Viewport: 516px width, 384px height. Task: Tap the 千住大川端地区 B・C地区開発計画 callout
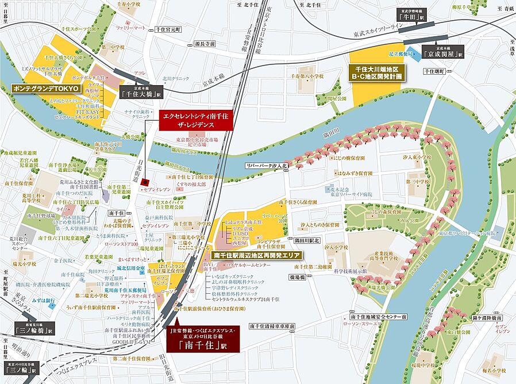click(x=378, y=72)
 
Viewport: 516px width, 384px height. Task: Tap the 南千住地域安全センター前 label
click(x=378, y=317)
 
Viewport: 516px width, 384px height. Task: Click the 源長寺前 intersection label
click(x=204, y=44)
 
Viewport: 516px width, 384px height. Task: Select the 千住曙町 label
click(x=434, y=71)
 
